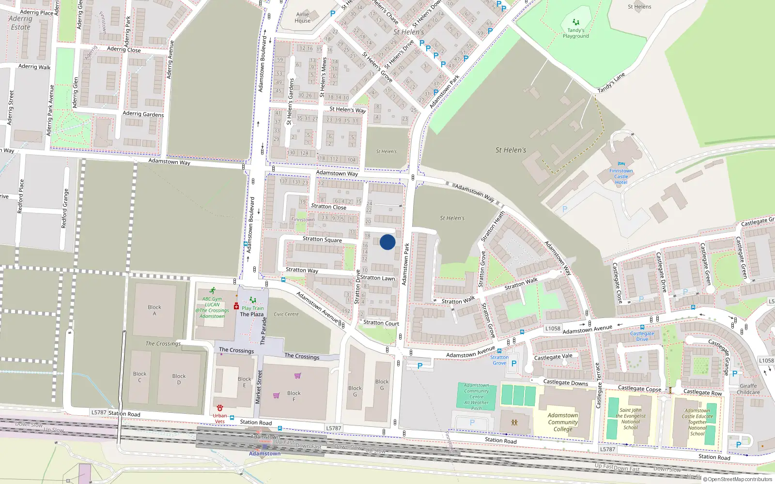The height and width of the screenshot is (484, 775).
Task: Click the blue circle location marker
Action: (387, 242)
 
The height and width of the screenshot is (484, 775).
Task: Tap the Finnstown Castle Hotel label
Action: (621, 176)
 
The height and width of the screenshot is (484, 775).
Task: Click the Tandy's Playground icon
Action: (575, 22)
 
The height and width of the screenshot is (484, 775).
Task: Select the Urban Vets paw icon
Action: (220, 408)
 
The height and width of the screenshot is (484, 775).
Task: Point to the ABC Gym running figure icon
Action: (213, 291)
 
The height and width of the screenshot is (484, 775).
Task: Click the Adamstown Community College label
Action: (563, 422)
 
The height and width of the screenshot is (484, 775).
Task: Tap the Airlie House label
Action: (303, 17)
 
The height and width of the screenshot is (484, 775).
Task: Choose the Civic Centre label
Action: (286, 314)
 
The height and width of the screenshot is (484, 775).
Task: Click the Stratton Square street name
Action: (322, 239)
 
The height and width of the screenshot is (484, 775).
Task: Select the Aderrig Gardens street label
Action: (143, 114)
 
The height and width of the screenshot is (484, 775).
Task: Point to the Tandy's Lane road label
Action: (611, 83)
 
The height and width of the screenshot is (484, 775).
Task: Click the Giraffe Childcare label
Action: (748, 389)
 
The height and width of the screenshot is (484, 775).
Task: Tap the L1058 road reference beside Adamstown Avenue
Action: (552, 328)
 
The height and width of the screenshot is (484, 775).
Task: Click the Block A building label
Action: (155, 310)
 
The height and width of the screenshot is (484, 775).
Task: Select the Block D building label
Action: (179, 379)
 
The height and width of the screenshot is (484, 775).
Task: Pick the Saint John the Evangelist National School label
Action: (630, 419)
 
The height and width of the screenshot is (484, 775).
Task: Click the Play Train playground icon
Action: (252, 300)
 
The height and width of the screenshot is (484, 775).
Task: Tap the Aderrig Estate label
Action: (20, 23)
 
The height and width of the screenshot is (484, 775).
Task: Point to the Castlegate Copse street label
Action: (639, 388)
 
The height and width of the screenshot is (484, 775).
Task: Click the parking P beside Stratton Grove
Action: (513, 363)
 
